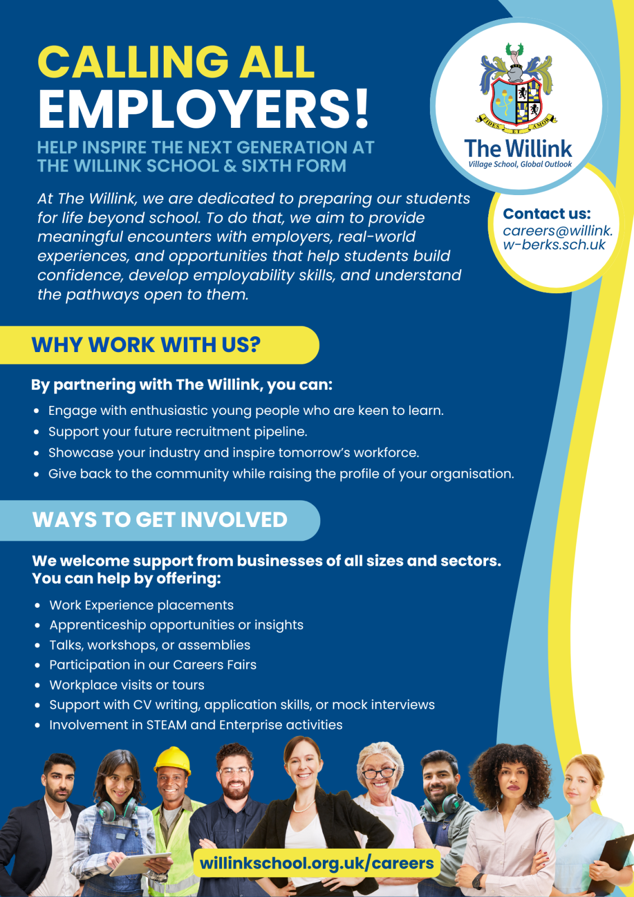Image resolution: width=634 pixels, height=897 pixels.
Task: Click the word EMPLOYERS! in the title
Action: pyautogui.click(x=204, y=109)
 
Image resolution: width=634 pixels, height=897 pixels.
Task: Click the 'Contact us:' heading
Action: pyautogui.click(x=547, y=214)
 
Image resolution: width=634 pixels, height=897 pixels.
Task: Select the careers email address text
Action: pyautogui.click(x=557, y=238)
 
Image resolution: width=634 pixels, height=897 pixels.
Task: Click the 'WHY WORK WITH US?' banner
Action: pyautogui.click(x=146, y=345)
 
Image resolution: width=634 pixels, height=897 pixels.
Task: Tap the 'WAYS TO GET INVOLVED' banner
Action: pyautogui.click(x=160, y=520)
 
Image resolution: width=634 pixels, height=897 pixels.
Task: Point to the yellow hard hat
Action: pyautogui.click(x=173, y=761)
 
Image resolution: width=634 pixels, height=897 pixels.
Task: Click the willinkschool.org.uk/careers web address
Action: pyautogui.click(x=317, y=863)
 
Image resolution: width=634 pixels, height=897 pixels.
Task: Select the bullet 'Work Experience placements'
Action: pyautogui.click(x=141, y=605)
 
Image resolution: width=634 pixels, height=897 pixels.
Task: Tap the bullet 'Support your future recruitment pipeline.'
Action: pyautogui.click(x=178, y=432)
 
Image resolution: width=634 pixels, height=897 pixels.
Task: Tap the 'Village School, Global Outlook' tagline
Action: pyautogui.click(x=520, y=164)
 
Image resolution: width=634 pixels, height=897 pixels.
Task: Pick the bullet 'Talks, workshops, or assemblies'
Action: pyautogui.click(x=150, y=645)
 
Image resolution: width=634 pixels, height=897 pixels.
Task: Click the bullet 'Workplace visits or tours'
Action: pyautogui.click(x=127, y=685)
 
